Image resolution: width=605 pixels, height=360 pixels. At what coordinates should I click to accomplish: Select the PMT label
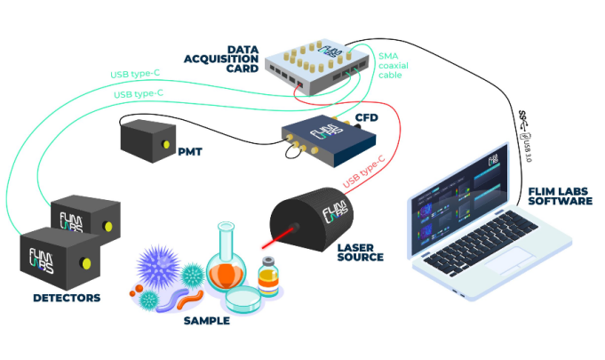[189, 151]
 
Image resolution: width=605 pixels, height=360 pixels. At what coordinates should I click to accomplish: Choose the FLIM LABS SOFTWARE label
[560, 195]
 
